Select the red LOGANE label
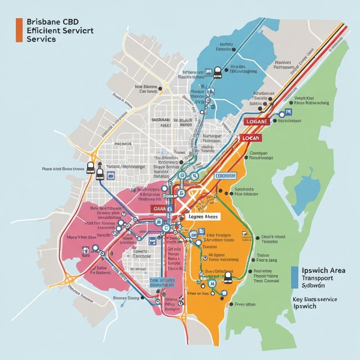coord(257,121)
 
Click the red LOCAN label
coord(251,138)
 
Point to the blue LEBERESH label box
coord(226,175)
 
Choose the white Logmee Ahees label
coord(203,217)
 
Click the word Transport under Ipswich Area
coord(317,278)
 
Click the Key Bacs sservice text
coord(315,299)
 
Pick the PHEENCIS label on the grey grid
coord(122,144)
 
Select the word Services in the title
coord(41,39)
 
